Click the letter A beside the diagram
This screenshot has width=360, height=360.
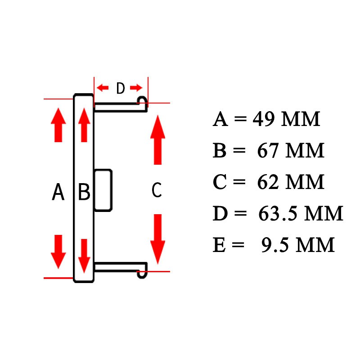tap(58, 192)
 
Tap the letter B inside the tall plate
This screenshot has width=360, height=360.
tap(84, 192)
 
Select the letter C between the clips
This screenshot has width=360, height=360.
tap(157, 189)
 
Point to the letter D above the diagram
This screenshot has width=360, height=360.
tap(121, 88)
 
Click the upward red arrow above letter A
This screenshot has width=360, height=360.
tap(58, 125)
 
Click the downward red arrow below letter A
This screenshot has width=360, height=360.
tap(58, 252)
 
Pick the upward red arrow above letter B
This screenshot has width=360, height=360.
tap(84, 125)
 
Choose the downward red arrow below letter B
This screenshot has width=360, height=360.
tap(84, 256)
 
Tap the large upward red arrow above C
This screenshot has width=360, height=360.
tap(158, 140)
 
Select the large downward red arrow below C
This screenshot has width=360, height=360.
tap(158, 239)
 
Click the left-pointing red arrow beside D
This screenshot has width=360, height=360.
tap(103, 87)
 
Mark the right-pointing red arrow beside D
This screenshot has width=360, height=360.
tap(136, 87)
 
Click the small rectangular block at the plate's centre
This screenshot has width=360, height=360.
tap(103, 190)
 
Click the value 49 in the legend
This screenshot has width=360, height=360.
tap(264, 119)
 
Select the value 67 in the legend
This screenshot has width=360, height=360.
tap(268, 150)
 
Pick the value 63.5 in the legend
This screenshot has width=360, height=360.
tap(278, 213)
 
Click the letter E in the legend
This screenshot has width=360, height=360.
tap(219, 245)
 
